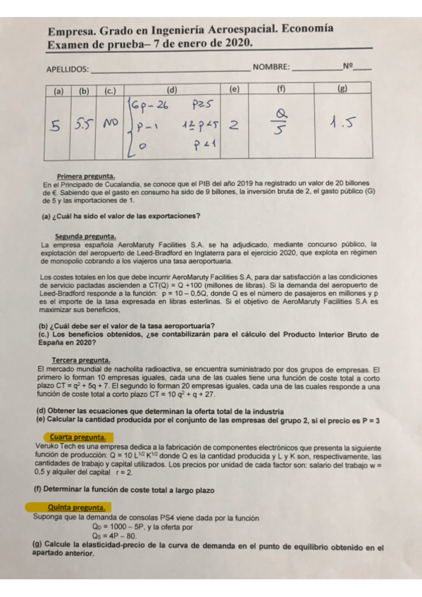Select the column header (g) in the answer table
342,89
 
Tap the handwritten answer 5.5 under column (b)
84,125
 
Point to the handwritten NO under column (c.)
109,124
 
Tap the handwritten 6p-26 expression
149,107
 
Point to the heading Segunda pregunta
86,236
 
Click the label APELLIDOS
68,69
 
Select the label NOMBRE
271,68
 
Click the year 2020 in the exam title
237,44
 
